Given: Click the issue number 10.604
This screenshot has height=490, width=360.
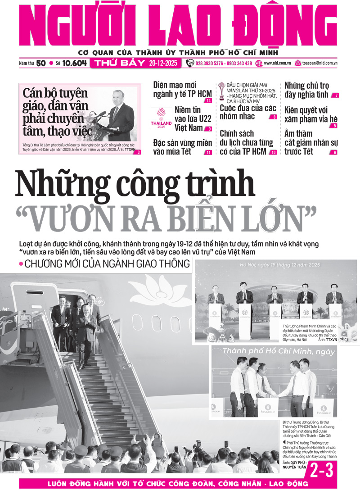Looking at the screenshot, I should pos(74,64).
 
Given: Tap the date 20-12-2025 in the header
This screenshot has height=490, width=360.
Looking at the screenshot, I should pos(162,64).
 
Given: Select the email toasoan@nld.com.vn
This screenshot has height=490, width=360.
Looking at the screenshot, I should pos(320,64).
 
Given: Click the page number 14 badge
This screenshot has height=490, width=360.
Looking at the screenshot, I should pos(208,100).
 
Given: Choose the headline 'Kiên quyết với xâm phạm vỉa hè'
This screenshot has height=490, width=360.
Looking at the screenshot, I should pos(306,115).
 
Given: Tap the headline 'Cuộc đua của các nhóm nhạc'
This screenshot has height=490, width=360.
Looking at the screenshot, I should pos(247,112).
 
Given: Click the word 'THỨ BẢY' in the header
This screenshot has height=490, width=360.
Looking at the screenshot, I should pos(119,64).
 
